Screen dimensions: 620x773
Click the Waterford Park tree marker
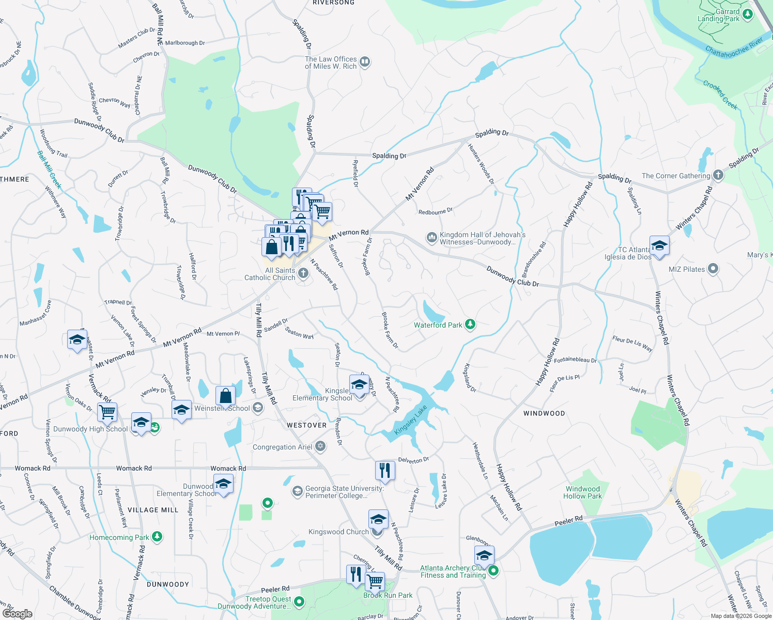pyautogui.click(x=470, y=324)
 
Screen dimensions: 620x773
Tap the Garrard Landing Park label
pyautogui.click(x=718, y=16)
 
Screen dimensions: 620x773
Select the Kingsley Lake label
pyautogui.click(x=411, y=420)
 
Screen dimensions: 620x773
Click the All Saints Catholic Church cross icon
pyautogui.click(x=303, y=273)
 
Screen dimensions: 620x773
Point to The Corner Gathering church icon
pyautogui.click(x=718, y=175)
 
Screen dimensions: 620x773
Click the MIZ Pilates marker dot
pyautogui.click(x=713, y=269)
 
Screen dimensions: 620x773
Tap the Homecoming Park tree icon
pyautogui.click(x=157, y=537)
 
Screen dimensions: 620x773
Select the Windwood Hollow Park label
pyautogui.click(x=582, y=492)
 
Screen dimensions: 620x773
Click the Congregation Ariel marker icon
pyautogui.click(x=320, y=446)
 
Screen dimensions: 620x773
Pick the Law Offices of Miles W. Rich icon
pyautogui.click(x=365, y=62)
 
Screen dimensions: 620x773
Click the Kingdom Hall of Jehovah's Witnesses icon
pyautogui.click(x=431, y=238)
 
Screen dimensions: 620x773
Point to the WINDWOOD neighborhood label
pyautogui.click(x=544, y=413)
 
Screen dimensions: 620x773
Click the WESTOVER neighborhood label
pyautogui.click(x=307, y=425)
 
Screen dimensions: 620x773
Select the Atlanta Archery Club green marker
pyautogui.click(x=493, y=571)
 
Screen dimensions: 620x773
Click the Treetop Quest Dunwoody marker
pyautogui.click(x=299, y=601)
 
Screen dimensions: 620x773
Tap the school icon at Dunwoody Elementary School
pyautogui.click(x=223, y=484)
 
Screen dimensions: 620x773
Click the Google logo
pyautogui.click(x=17, y=613)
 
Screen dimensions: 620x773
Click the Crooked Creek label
pyautogui.click(x=720, y=95)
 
